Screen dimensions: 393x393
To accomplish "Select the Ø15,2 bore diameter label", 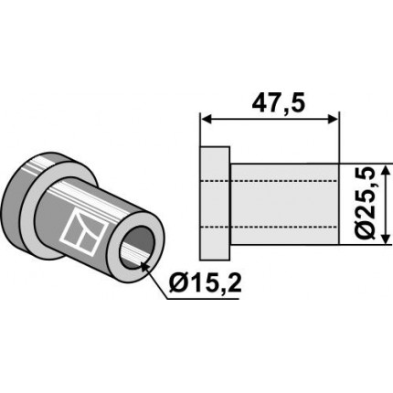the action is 206,284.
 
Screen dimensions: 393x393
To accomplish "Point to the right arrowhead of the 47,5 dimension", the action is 333,120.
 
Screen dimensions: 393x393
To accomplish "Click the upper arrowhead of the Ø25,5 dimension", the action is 386,171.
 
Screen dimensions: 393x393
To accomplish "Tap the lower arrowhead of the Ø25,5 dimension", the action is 386,239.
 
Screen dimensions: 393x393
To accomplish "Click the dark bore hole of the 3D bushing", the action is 136,248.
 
